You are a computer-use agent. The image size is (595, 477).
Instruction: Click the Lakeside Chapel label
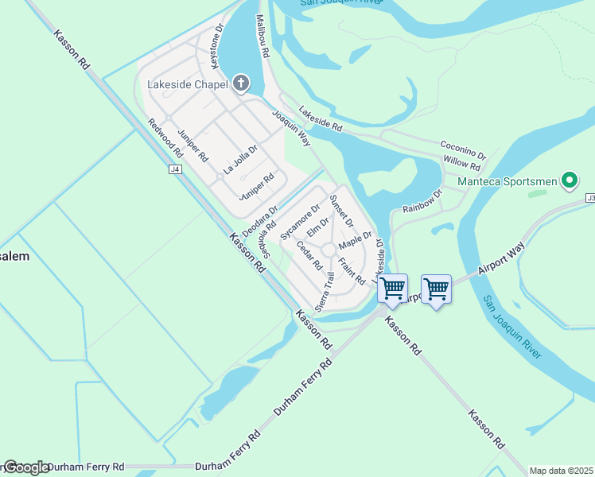click(189, 84)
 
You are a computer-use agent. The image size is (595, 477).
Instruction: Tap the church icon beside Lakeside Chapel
click(241, 83)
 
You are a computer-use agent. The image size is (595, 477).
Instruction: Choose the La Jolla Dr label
click(240, 160)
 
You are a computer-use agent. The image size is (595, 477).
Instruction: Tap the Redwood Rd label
click(166, 137)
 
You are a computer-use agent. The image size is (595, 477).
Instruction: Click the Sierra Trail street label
click(323, 291)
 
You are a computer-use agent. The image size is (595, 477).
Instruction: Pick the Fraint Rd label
click(351, 271)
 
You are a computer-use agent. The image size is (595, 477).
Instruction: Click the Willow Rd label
click(462, 163)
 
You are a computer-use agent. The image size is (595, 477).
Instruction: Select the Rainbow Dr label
click(422, 201)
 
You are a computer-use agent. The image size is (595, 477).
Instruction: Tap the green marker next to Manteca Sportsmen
click(569, 180)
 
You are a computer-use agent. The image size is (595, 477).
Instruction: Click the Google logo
click(25, 467)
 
